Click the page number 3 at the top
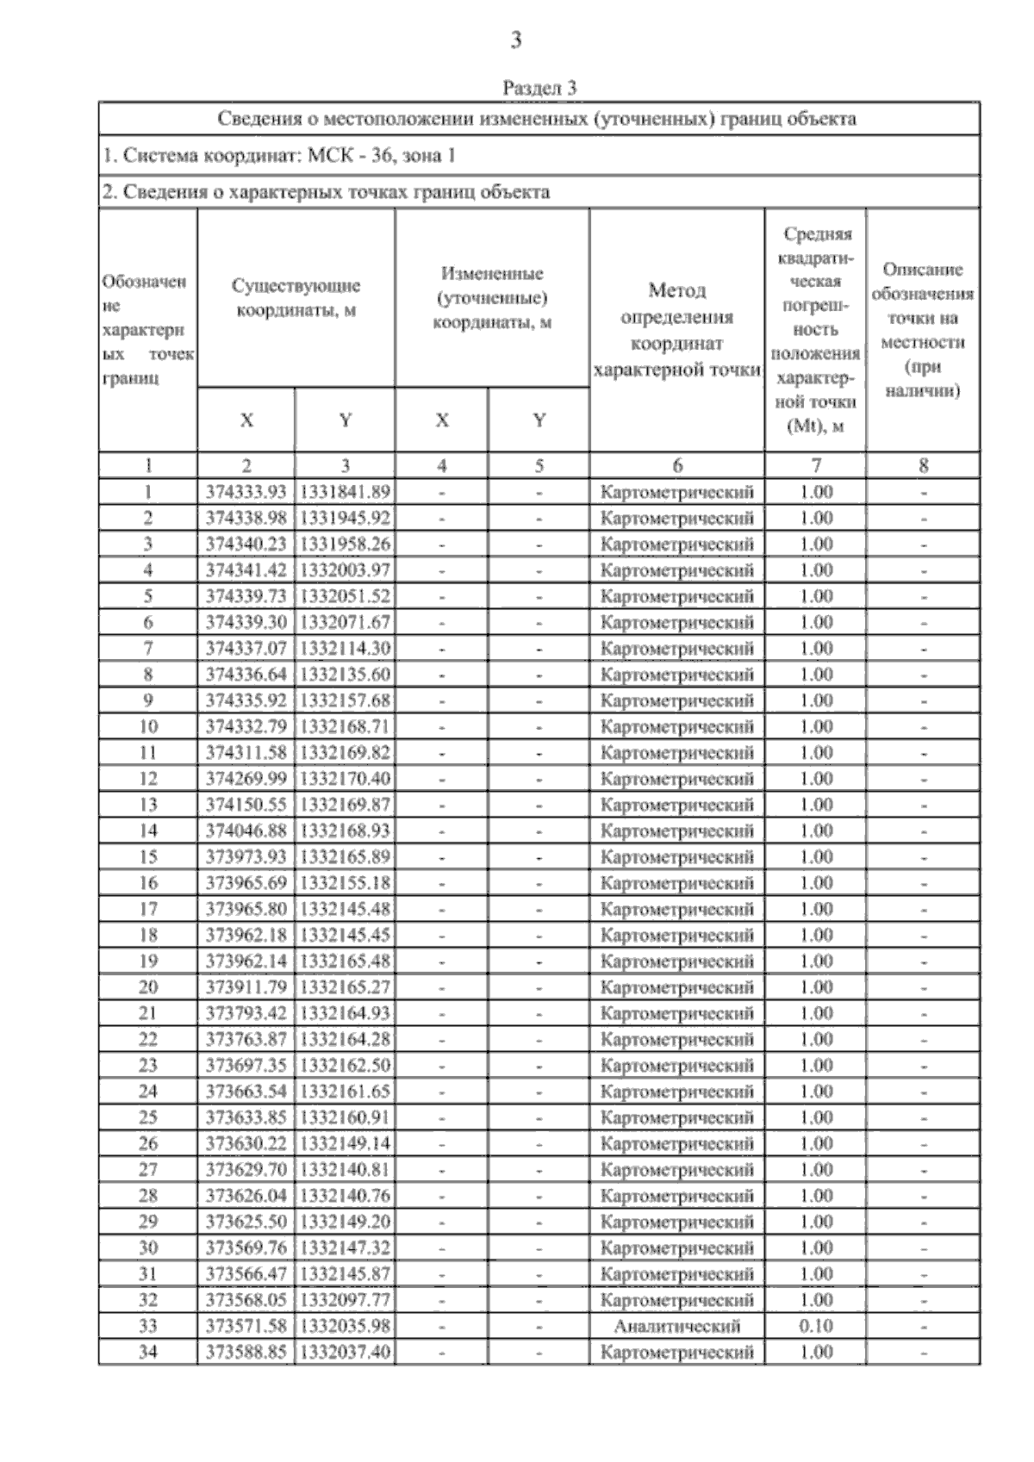click(516, 40)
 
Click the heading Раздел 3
click(539, 88)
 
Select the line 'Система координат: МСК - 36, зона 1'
click(278, 156)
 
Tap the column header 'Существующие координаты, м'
click(296, 297)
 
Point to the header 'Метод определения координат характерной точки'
click(677, 330)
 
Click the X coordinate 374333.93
click(246, 492)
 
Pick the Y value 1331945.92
click(345, 518)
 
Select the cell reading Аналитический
click(677, 1326)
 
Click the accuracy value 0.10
click(815, 1326)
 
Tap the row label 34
click(148, 1352)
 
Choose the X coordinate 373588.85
click(246, 1352)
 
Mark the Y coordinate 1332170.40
click(345, 779)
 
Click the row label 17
click(148, 909)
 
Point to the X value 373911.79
click(246, 987)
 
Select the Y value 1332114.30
click(345, 648)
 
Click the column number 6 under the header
click(677, 466)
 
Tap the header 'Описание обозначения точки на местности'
click(923, 330)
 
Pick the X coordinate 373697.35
click(246, 1065)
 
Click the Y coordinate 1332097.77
click(345, 1300)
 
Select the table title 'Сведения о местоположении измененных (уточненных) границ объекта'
click(537, 119)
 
